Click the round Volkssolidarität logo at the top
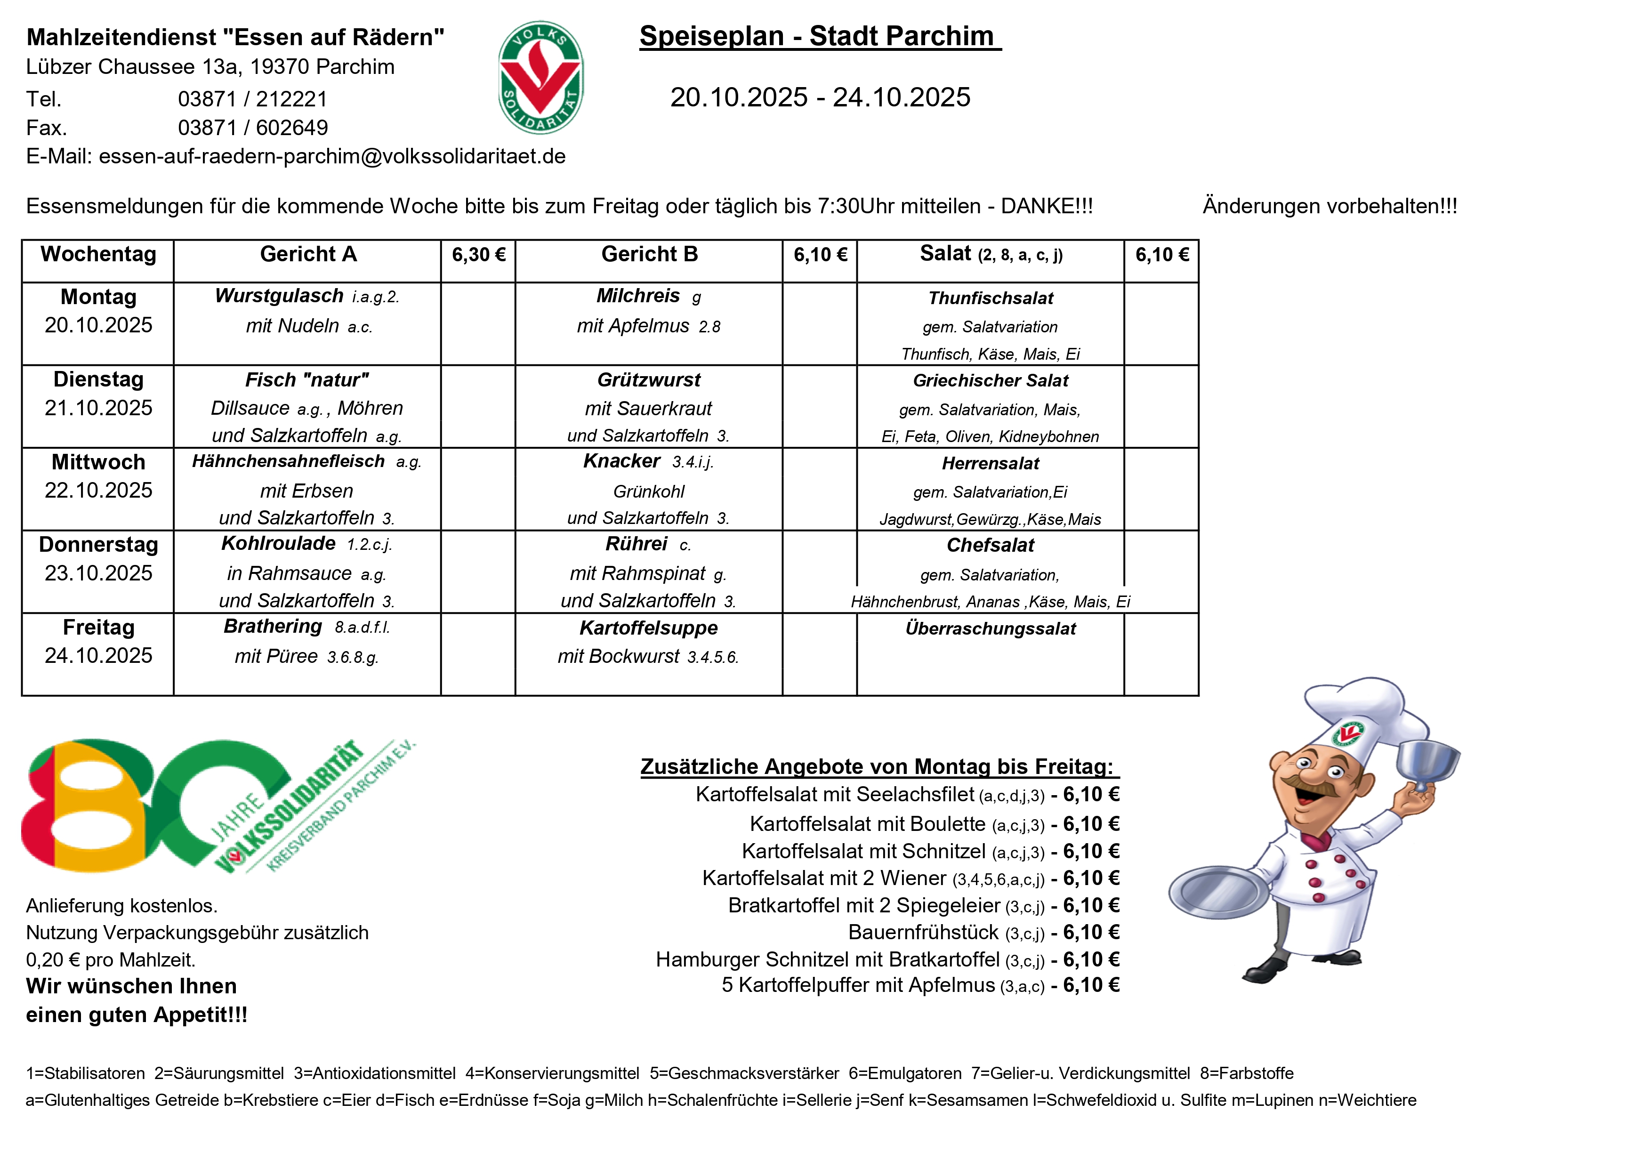point(540,78)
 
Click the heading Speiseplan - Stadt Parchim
point(820,36)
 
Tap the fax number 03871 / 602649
point(252,128)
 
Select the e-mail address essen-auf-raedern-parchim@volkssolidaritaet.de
point(332,156)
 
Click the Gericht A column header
point(308,254)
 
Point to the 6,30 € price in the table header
point(478,255)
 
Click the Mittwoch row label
point(98,462)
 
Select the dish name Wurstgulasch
point(279,296)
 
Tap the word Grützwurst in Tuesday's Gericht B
point(648,380)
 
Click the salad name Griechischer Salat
point(990,381)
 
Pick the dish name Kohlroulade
point(278,543)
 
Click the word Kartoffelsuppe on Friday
point(648,628)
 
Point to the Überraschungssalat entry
point(990,629)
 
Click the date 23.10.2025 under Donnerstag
point(98,573)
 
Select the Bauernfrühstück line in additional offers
point(983,933)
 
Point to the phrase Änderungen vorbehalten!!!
point(1330,207)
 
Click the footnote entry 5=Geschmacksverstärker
point(744,1074)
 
